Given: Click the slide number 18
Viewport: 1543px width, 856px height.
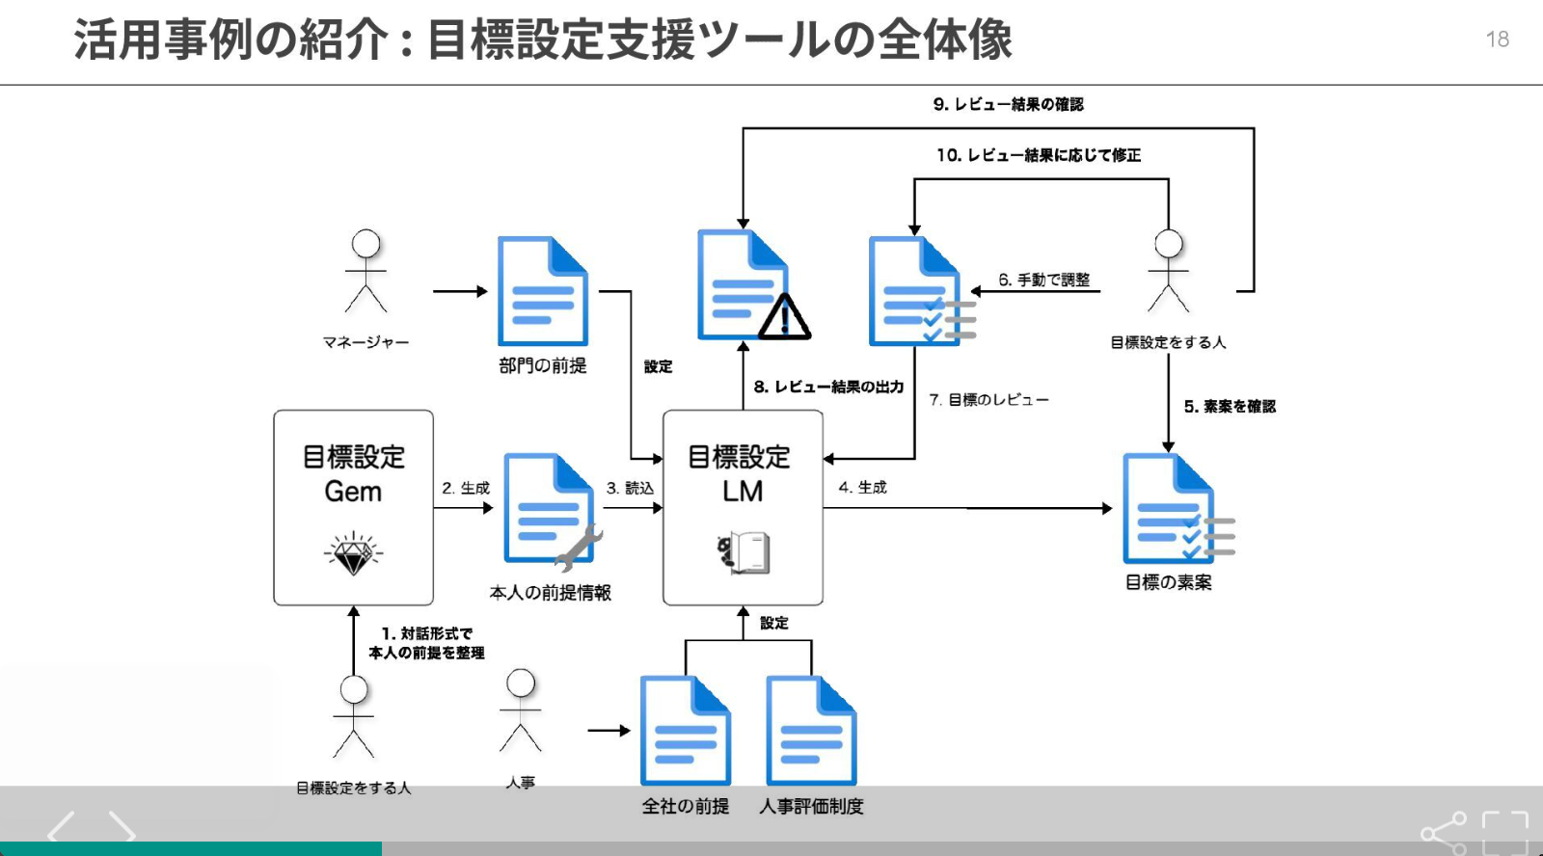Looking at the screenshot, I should point(1497,40).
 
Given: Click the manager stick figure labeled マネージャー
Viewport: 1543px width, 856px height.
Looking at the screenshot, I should point(366,272).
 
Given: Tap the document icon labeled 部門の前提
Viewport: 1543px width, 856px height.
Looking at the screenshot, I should point(542,291).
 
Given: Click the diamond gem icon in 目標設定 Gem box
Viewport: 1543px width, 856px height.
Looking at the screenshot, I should point(353,553).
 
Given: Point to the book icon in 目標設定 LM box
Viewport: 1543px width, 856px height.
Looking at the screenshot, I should point(744,552).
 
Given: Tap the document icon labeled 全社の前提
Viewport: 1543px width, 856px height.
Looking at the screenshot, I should point(685,731).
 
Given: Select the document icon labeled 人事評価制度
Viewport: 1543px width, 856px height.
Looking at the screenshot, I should point(811,731).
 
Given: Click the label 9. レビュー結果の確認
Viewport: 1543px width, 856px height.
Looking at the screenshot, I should point(1008,104).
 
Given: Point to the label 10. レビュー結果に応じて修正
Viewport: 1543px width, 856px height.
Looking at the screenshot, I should point(1038,155).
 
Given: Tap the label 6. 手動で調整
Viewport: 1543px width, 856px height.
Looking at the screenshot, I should point(1043,280).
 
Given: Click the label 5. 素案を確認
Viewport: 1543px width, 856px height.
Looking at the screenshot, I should point(1230,407).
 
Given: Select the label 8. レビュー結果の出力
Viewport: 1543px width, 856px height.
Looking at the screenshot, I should point(828,387).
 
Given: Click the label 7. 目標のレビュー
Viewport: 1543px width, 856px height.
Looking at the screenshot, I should point(988,399).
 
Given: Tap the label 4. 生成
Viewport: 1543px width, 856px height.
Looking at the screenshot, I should point(862,488).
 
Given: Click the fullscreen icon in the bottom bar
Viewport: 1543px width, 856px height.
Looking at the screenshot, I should point(1505,832).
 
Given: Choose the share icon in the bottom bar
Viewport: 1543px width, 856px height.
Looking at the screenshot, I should point(1444,833).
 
